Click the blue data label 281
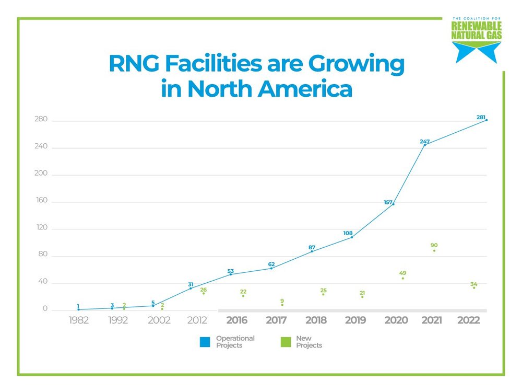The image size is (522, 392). (481, 117)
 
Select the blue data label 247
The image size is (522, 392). (424, 142)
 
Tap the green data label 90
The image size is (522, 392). (434, 245)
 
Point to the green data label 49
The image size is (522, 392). (402, 273)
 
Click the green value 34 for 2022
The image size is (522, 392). (474, 284)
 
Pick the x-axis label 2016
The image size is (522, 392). (236, 320)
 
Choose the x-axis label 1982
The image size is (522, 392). (79, 320)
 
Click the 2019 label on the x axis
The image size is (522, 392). (355, 320)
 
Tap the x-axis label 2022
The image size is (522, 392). (468, 320)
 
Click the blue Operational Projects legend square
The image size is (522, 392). (205, 342)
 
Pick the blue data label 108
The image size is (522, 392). (348, 233)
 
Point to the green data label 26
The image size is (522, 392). (203, 290)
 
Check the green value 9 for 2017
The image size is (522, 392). (282, 301)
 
